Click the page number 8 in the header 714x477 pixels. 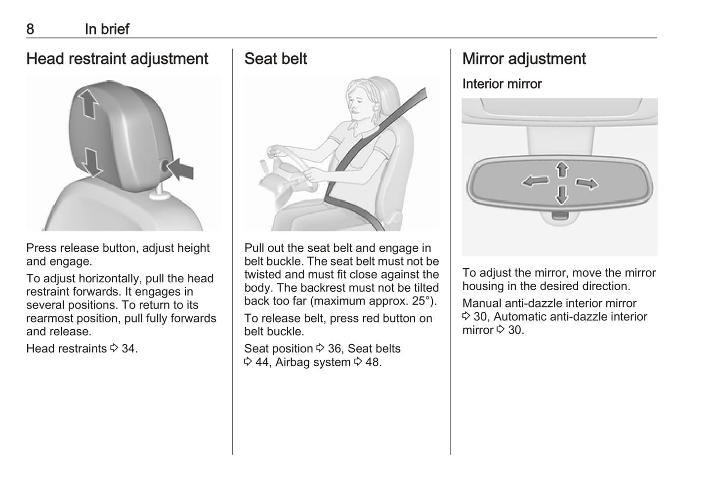pyautogui.click(x=30, y=29)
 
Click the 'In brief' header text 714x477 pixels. pyautogui.click(x=107, y=29)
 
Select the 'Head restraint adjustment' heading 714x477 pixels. pyautogui.click(x=117, y=59)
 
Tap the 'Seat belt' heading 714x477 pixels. pyautogui.click(x=275, y=59)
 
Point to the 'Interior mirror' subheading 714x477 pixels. pyautogui.click(x=502, y=84)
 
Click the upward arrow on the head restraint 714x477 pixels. pyautogui.click(x=88, y=104)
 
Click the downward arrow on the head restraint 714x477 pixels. pyautogui.click(x=92, y=162)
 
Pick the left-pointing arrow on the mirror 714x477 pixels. pyautogui.click(x=536, y=181)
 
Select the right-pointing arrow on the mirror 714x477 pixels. pyautogui.click(x=587, y=183)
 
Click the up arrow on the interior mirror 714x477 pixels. pyautogui.click(x=562, y=169)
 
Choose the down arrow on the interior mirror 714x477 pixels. pyautogui.click(x=562, y=194)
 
